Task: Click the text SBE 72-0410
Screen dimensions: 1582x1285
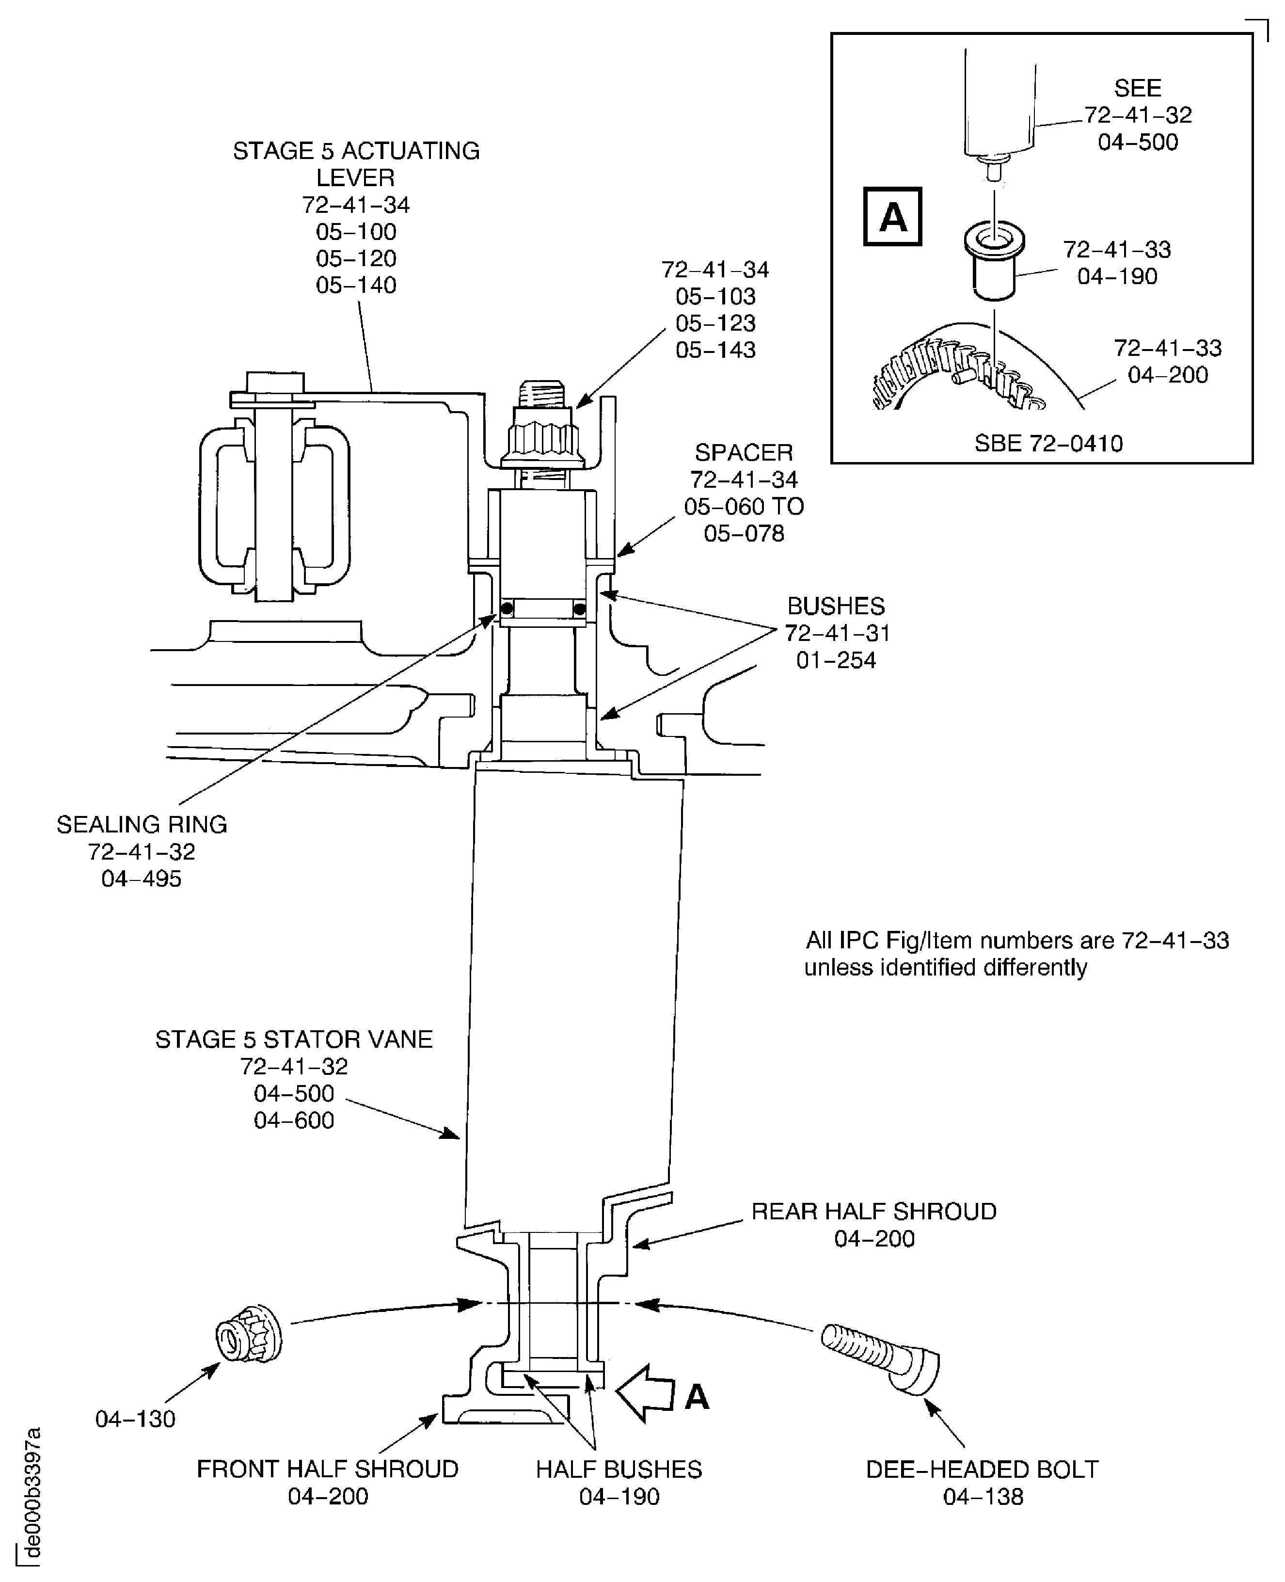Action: coord(1048,444)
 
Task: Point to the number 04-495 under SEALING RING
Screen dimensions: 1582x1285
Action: coord(142,879)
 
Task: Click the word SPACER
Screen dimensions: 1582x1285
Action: coord(743,452)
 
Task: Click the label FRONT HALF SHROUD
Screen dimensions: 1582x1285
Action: coord(327,1469)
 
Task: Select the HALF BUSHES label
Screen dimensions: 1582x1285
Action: coord(619,1469)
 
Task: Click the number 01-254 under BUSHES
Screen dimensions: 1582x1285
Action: coord(836,659)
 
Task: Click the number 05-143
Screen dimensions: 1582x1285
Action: coord(715,350)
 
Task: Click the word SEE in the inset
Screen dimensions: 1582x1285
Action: coord(1137,88)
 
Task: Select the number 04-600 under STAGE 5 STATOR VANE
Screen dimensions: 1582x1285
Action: coord(294,1120)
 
